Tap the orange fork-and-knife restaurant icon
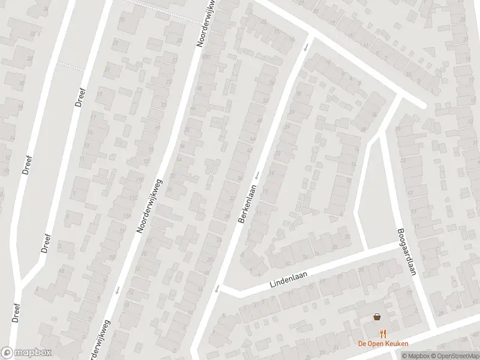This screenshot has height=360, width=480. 382,334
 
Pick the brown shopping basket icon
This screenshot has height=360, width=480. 377,317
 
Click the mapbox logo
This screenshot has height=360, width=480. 26,353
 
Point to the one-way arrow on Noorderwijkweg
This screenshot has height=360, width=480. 116,290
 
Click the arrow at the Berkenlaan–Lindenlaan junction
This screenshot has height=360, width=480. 216,290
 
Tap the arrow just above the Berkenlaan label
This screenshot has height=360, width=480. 256,175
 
